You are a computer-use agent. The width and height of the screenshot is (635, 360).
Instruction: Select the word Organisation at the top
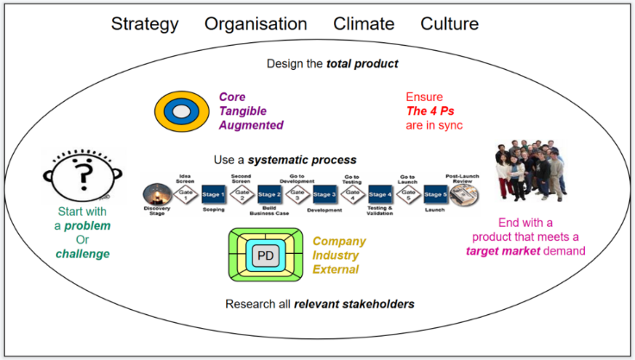point(255,24)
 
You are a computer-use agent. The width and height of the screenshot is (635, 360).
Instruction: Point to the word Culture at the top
point(450,24)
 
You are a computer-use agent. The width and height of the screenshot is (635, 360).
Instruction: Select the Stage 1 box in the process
point(213,195)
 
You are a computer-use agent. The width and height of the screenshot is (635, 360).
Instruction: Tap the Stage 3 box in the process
point(324,195)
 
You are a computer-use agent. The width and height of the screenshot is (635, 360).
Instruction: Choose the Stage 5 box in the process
point(435,195)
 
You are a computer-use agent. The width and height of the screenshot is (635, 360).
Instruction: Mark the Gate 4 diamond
point(352,195)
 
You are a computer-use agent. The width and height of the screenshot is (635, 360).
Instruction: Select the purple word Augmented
point(251,125)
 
